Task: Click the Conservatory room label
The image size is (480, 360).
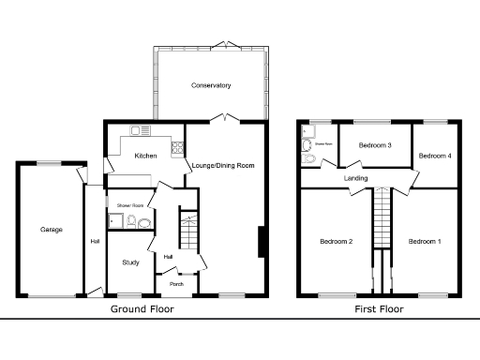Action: pyautogui.click(x=211, y=86)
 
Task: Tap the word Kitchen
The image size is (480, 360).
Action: pyautogui.click(x=145, y=156)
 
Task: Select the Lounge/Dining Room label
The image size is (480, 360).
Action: pyautogui.click(x=223, y=166)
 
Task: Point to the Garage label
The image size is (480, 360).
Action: pyautogui.click(x=51, y=229)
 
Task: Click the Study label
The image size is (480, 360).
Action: pyautogui.click(x=130, y=262)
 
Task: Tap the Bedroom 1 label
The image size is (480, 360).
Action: pyautogui.click(x=424, y=242)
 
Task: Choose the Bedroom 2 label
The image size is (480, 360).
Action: pyautogui.click(x=336, y=242)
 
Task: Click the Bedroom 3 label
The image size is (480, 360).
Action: pyautogui.click(x=375, y=145)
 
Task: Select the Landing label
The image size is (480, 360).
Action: pyautogui.click(x=355, y=178)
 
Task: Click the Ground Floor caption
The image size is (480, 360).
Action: pyautogui.click(x=143, y=308)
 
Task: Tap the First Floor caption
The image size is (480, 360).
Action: pyautogui.click(x=379, y=308)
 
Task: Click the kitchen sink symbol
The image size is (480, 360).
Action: pyautogui.click(x=141, y=130)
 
